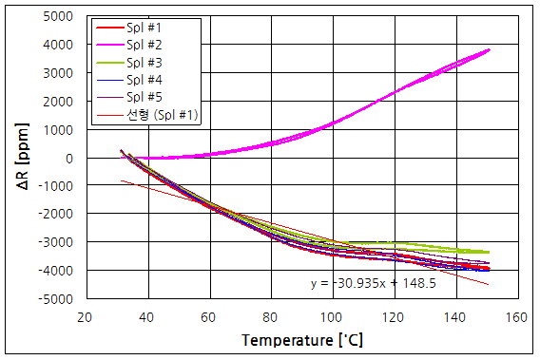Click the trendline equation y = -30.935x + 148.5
(374, 283)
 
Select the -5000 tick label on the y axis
(58, 299)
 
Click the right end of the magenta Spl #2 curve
(489, 49)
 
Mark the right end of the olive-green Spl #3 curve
(489, 253)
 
